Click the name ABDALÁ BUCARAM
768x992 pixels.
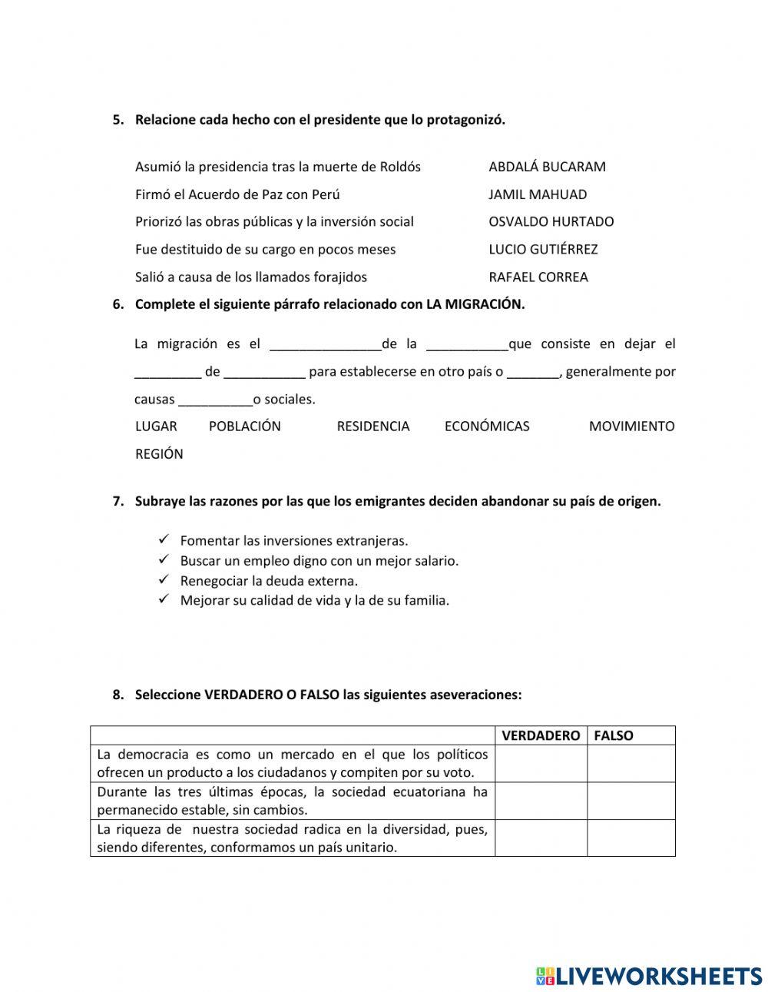[x=547, y=167]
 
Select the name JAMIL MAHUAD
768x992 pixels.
[x=538, y=194]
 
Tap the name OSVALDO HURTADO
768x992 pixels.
[x=551, y=221]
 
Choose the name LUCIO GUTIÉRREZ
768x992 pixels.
[x=543, y=249]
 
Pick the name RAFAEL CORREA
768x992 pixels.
[x=538, y=277]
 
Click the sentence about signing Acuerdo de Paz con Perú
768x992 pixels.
[x=237, y=194]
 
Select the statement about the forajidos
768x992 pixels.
[x=251, y=277]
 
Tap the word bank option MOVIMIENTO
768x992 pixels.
[x=631, y=426]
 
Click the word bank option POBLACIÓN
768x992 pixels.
[x=244, y=426]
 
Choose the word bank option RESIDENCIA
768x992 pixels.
[x=373, y=426]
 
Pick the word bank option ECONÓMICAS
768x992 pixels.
[x=487, y=426]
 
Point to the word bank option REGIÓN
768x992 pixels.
[x=159, y=453]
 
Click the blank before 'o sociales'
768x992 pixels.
[x=215, y=400]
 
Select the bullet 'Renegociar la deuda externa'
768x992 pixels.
[x=269, y=581]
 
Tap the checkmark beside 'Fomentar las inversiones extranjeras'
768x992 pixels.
[x=163, y=540]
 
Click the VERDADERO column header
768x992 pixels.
[x=541, y=735]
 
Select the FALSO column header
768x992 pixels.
[x=614, y=735]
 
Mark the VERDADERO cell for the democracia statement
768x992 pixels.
[x=541, y=764]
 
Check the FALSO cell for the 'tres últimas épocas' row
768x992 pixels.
[x=631, y=801]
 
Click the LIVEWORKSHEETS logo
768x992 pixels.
[x=649, y=976]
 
